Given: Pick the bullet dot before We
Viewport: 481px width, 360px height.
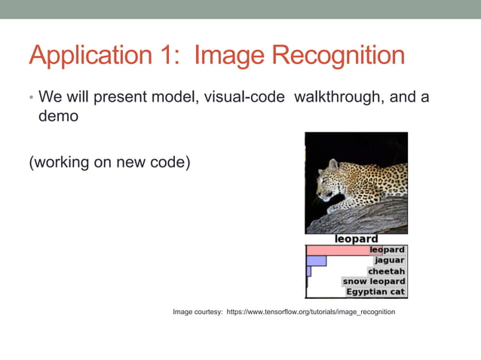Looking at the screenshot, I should (31, 99).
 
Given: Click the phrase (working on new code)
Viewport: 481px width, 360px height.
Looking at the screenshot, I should (109, 163).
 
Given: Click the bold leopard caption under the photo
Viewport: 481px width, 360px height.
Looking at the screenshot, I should (357, 239).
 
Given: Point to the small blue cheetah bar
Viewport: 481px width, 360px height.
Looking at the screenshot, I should (308, 271).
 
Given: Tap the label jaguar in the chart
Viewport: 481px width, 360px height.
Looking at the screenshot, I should (390, 261).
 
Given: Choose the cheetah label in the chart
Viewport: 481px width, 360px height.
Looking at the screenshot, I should (387, 271).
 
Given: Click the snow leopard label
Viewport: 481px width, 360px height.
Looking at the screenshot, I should (375, 282).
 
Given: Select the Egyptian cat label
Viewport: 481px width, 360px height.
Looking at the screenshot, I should (375, 291).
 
